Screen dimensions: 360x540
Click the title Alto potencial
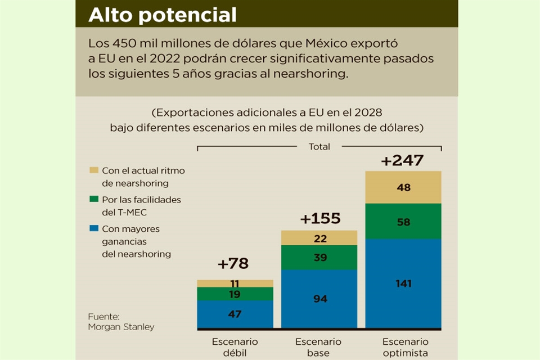click(163, 15)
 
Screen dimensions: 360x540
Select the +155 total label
click(320, 218)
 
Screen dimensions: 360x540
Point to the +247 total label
click(402, 160)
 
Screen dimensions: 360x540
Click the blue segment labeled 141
click(403, 283)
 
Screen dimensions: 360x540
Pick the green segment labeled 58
click(403, 221)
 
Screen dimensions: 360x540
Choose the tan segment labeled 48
click(403, 187)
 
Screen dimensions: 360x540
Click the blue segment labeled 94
click(319, 299)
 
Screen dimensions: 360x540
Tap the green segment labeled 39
click(319, 257)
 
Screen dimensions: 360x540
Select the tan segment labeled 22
click(319, 238)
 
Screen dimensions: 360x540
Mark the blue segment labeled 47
click(235, 314)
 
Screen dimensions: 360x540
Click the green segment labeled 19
click(235, 294)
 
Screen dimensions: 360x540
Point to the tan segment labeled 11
click(235, 283)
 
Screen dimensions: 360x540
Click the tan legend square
click(93, 170)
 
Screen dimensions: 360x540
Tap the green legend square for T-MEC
click(93, 200)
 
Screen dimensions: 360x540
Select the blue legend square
click(93, 229)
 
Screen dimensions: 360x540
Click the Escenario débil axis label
click(235, 347)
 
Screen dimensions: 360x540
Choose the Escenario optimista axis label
click(405, 347)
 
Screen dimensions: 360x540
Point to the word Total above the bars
click(319, 147)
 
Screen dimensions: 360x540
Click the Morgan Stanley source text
click(121, 327)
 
